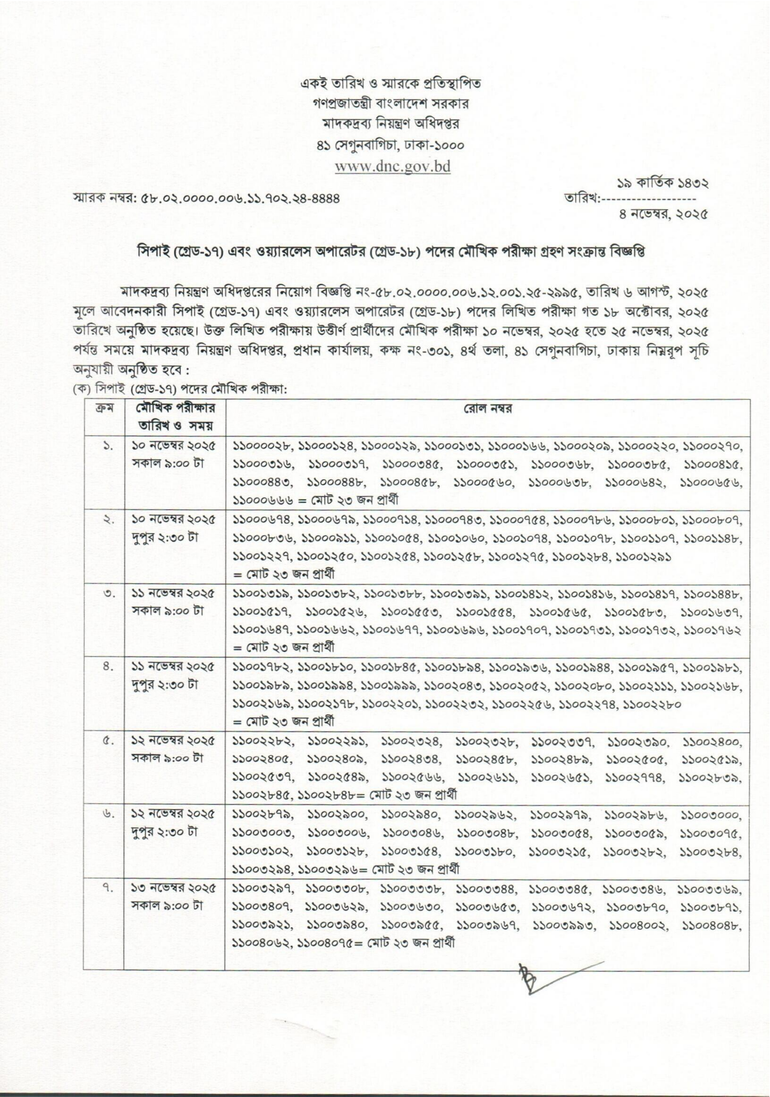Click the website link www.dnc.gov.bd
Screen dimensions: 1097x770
click(393, 167)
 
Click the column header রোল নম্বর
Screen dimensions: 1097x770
click(487, 409)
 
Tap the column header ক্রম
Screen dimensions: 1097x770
click(103, 409)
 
